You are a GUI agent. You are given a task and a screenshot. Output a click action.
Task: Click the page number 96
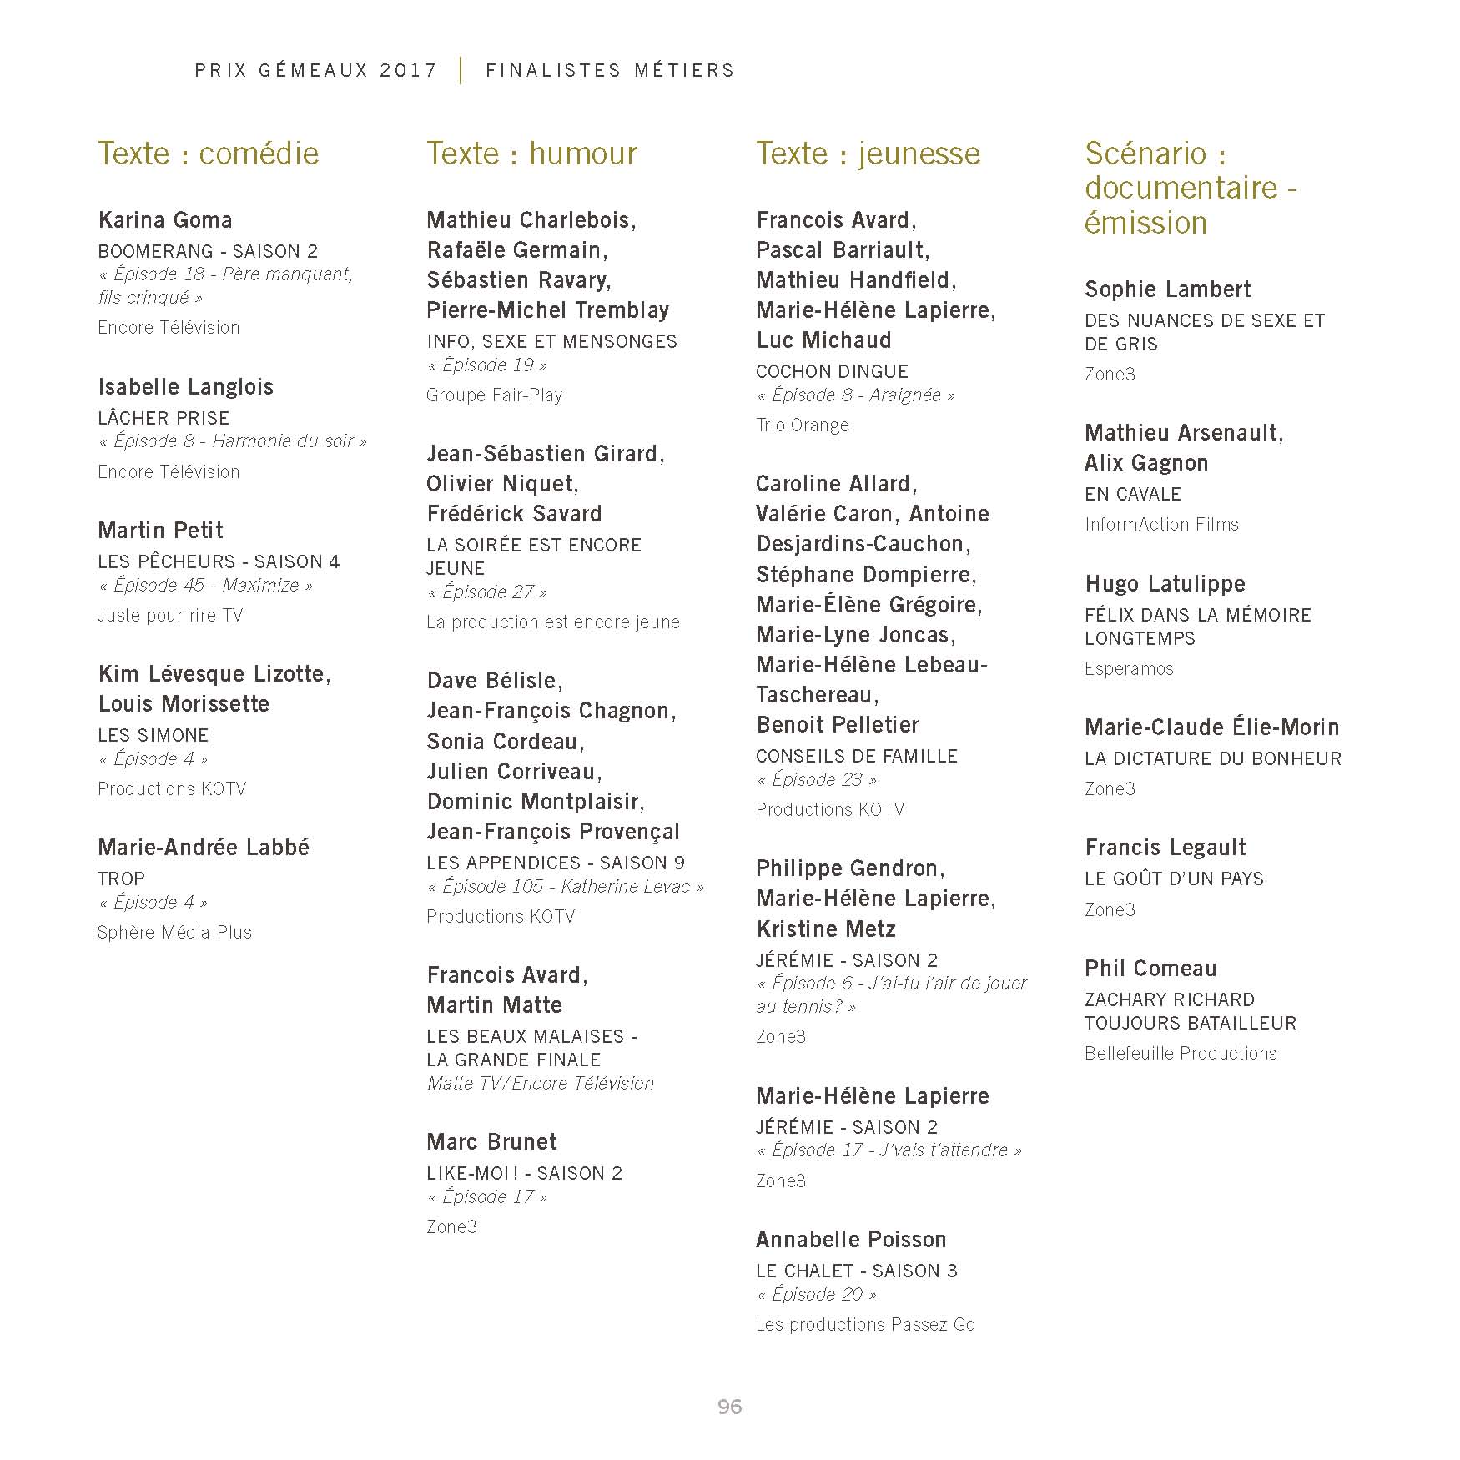[729, 1407]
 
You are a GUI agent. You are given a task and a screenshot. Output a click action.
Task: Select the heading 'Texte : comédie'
[209, 154]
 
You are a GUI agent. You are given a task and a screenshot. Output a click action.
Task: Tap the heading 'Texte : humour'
[531, 154]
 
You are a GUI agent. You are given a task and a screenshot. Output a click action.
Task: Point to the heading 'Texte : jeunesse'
[868, 154]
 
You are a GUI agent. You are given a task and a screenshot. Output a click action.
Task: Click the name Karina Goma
[165, 220]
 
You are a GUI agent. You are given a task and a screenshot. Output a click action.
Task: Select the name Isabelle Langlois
[185, 387]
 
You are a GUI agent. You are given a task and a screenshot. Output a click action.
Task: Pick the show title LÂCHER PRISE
[164, 418]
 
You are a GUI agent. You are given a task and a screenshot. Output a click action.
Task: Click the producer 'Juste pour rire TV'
[170, 616]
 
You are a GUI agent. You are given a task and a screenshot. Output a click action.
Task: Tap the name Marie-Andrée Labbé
[204, 848]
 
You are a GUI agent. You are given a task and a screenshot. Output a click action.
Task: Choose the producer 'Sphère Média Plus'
[174, 933]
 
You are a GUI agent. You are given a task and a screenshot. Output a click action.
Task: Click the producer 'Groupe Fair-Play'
[494, 395]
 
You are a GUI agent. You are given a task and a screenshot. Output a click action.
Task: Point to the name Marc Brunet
[491, 1142]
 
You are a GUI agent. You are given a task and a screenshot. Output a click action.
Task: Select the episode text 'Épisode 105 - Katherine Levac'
[565, 887]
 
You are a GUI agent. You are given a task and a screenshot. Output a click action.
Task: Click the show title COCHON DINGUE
[832, 371]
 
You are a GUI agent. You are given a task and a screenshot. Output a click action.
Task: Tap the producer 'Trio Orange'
[802, 425]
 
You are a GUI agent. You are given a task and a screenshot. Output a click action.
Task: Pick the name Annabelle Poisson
[851, 1240]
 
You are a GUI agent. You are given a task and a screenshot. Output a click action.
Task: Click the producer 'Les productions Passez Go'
[865, 1325]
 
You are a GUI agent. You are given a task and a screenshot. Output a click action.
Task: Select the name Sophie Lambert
[1167, 289]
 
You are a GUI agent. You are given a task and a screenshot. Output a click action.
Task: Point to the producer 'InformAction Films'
[1161, 525]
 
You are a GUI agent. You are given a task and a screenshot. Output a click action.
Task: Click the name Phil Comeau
[1150, 969]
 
